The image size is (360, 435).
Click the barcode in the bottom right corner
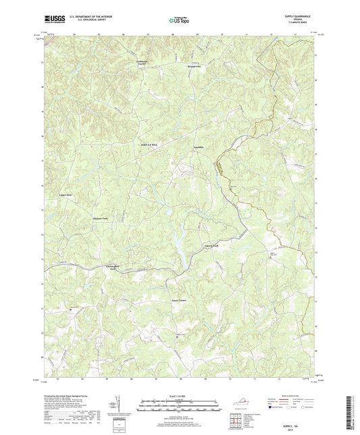click(352, 413)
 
